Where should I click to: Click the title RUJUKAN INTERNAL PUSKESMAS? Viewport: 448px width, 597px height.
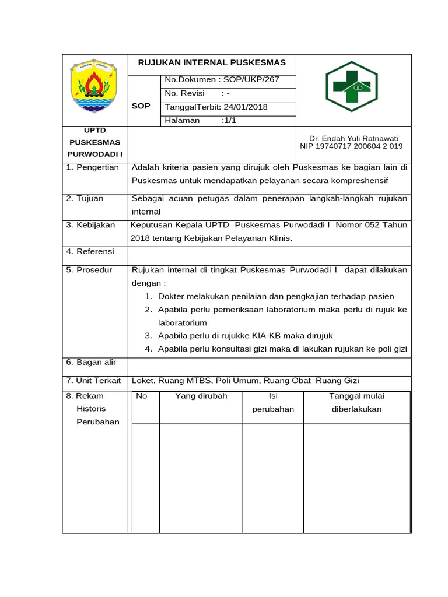click(211, 63)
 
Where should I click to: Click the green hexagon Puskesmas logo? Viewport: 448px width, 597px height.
click(351, 86)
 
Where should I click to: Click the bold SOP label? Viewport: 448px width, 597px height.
click(141, 106)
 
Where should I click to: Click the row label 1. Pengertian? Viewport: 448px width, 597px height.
click(92, 167)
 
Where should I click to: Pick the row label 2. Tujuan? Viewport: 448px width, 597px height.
click(85, 198)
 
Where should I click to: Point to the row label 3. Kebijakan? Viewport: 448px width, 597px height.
click(90, 225)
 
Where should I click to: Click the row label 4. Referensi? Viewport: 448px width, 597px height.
click(90, 252)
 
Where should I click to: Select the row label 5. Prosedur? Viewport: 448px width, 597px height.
click(89, 270)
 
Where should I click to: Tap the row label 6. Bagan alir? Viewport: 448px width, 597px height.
click(91, 362)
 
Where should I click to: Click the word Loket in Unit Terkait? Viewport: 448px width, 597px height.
click(143, 381)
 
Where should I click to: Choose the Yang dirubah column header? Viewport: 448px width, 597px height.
click(201, 396)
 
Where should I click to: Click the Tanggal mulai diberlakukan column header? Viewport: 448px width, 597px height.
click(356, 402)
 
